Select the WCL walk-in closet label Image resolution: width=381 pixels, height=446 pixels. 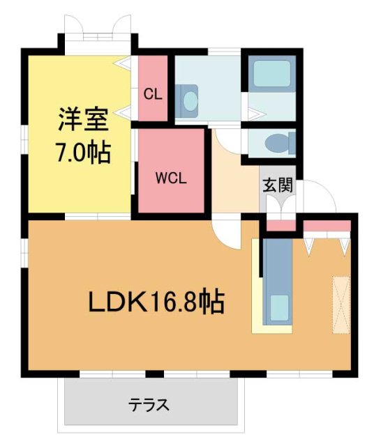[171, 178]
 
